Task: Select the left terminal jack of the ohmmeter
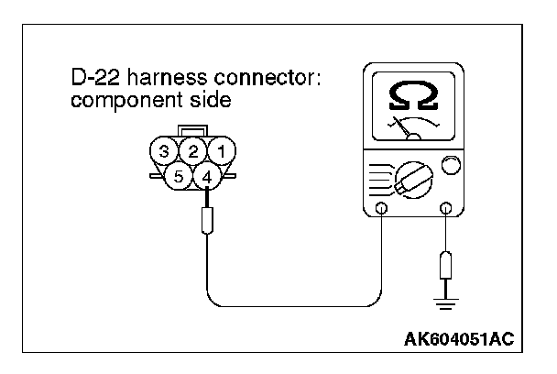pyautogui.click(x=382, y=209)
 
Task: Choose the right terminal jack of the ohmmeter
pyautogui.click(x=446, y=209)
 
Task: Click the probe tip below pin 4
pyautogui.click(x=208, y=220)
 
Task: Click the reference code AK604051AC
pyautogui.click(x=459, y=339)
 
